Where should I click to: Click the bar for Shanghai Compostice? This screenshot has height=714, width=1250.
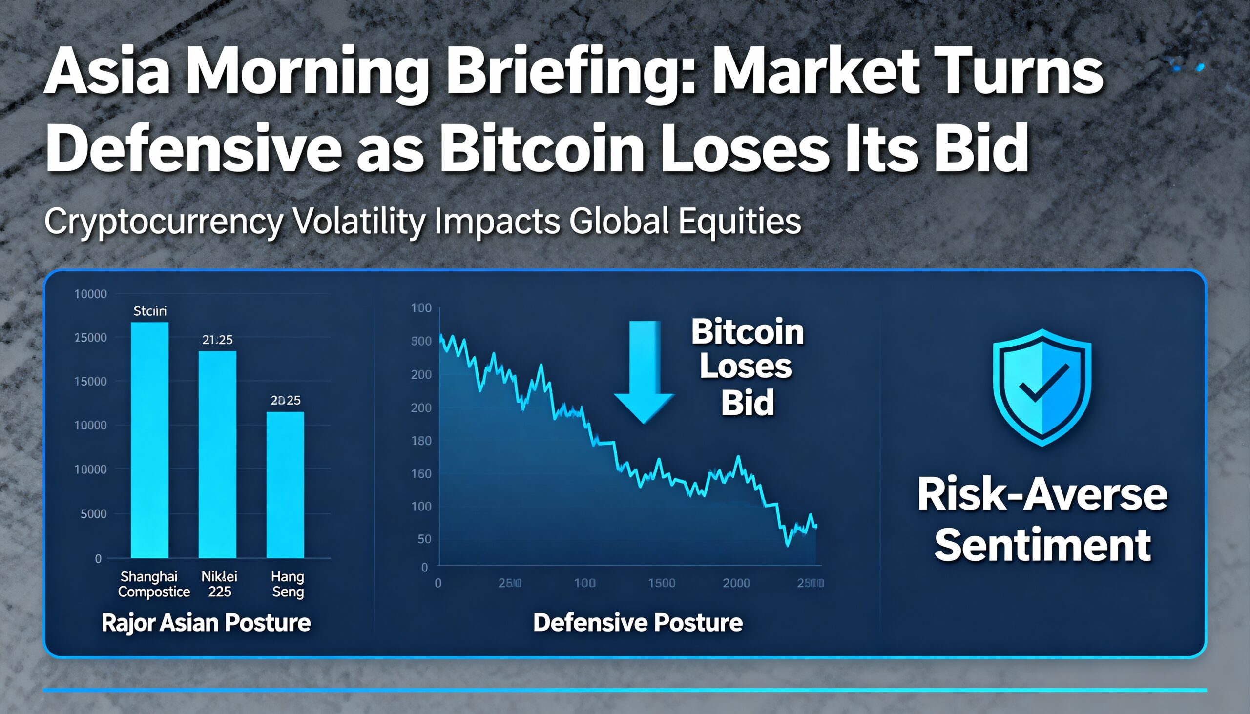click(x=149, y=440)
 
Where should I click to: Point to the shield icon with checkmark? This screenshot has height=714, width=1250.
click(x=1042, y=388)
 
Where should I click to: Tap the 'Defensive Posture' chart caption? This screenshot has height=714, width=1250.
click(x=638, y=623)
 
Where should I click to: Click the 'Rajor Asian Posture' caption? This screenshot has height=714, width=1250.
click(x=206, y=623)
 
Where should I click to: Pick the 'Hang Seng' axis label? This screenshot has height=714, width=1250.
click(x=288, y=584)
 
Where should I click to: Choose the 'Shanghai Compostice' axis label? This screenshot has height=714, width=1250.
click(x=153, y=584)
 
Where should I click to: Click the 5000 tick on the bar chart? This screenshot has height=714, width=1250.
click(x=93, y=514)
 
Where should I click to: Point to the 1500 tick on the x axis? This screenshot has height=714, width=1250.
click(x=661, y=583)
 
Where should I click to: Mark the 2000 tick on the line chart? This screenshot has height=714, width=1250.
click(x=736, y=583)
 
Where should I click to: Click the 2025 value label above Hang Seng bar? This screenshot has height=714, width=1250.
click(x=286, y=400)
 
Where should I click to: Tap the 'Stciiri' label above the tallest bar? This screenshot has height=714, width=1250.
click(x=149, y=311)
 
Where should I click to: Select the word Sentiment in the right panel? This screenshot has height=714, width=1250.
click(x=1042, y=545)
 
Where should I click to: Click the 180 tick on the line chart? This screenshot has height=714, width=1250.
click(x=421, y=441)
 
